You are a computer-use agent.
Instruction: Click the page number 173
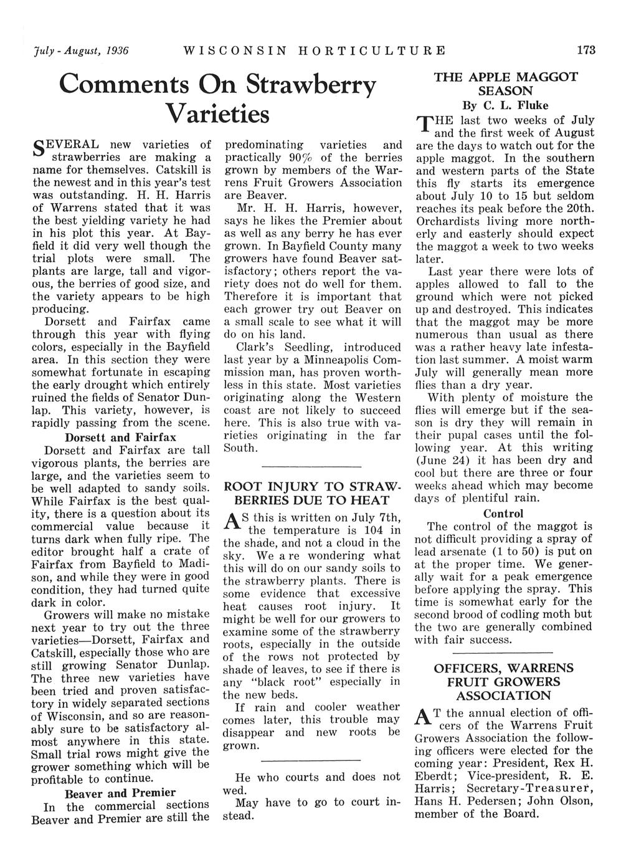point(586,50)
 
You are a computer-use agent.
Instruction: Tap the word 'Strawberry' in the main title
point(311,86)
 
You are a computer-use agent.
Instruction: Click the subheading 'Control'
point(503,514)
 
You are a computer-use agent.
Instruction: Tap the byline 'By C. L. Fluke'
point(504,105)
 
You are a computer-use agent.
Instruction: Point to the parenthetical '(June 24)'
point(441,460)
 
